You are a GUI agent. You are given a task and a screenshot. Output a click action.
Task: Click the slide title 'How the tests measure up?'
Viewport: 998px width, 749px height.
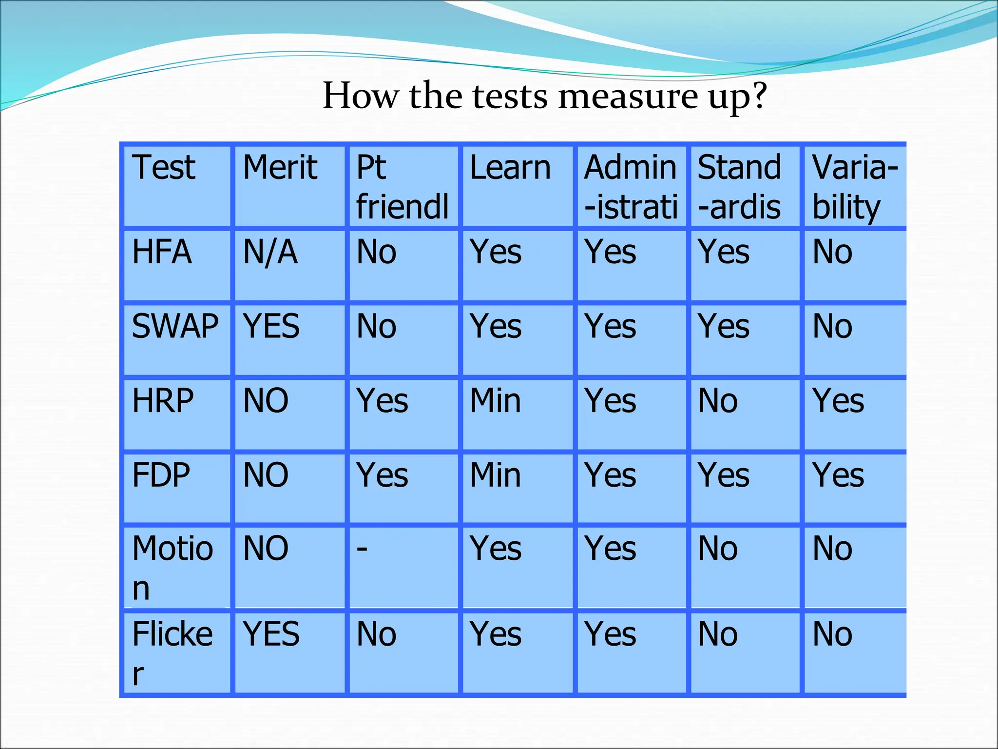click(544, 96)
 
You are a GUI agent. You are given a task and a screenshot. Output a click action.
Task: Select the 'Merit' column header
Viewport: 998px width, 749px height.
click(280, 167)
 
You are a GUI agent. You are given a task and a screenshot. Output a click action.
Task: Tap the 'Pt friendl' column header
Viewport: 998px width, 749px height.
click(402, 187)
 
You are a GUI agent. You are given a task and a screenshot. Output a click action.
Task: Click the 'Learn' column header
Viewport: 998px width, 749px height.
click(510, 167)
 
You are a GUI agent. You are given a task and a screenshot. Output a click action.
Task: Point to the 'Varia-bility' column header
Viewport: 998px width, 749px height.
click(855, 187)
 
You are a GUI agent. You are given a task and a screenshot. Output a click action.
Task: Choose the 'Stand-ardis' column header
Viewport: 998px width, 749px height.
click(739, 187)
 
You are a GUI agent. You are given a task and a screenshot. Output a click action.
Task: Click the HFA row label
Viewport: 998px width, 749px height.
click(162, 252)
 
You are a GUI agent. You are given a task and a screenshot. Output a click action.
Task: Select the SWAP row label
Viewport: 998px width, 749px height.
click(175, 326)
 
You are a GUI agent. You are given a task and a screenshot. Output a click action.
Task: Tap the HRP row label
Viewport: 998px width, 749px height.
click(163, 401)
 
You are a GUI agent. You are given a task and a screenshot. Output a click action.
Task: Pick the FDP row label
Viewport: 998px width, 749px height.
click(161, 475)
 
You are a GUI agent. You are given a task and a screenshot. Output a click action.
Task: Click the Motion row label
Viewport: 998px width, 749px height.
click(173, 568)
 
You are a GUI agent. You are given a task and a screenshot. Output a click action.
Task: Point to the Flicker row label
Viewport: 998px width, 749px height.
click(173, 653)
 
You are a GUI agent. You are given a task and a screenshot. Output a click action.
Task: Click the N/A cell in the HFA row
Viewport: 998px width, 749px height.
click(270, 252)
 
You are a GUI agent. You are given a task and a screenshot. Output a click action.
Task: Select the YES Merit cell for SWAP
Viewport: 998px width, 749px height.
click(271, 326)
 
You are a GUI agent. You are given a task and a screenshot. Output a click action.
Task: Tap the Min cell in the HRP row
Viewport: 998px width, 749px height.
click(496, 401)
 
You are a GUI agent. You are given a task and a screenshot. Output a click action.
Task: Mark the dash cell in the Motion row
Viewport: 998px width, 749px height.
click(362, 549)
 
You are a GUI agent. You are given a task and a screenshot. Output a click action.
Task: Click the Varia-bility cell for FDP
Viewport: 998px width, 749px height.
click(838, 475)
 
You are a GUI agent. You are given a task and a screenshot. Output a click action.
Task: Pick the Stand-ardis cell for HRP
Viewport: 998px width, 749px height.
click(718, 401)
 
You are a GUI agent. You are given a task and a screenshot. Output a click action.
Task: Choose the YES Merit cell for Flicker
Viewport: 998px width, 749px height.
click(271, 634)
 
